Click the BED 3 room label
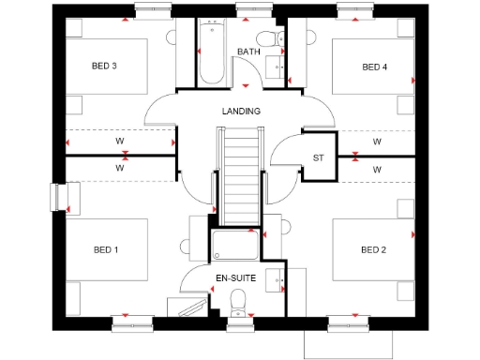click(104, 66)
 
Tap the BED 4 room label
click(374, 67)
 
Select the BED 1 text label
click(106, 249)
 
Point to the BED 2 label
click(373, 249)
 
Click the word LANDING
click(241, 111)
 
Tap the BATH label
click(247, 52)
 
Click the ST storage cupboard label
click(317, 157)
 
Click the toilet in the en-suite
click(237, 300)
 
